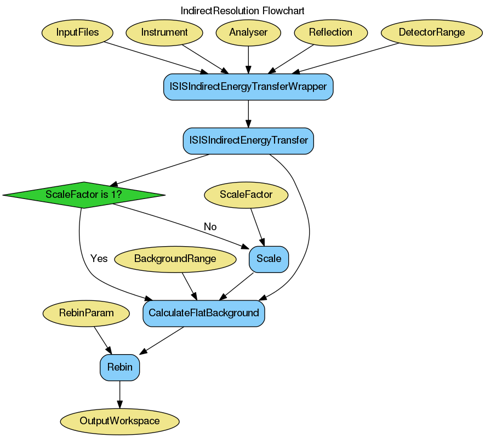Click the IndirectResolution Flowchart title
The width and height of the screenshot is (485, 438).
[242, 11]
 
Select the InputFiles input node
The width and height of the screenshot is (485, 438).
[77, 32]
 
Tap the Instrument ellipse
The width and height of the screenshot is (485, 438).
[164, 32]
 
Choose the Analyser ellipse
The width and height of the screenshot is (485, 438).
[248, 32]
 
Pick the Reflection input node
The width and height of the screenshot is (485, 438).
[330, 32]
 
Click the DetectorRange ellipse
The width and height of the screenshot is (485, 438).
[431, 32]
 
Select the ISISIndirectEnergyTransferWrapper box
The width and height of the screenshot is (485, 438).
[248, 87]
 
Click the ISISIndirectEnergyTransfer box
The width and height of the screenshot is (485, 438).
[248, 141]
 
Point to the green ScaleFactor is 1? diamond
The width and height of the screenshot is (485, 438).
[84, 195]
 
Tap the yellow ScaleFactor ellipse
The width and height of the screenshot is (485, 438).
[246, 195]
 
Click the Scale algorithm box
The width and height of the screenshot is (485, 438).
[269, 259]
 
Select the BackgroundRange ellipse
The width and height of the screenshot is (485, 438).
[175, 259]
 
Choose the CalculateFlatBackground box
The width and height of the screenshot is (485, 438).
[203, 313]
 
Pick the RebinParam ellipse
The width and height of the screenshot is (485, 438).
[86, 313]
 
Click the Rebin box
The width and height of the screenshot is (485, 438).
[119, 367]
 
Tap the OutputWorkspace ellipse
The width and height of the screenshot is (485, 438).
[119, 422]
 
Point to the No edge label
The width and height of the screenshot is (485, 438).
[210, 227]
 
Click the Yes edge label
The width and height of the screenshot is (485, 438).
[99, 259]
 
